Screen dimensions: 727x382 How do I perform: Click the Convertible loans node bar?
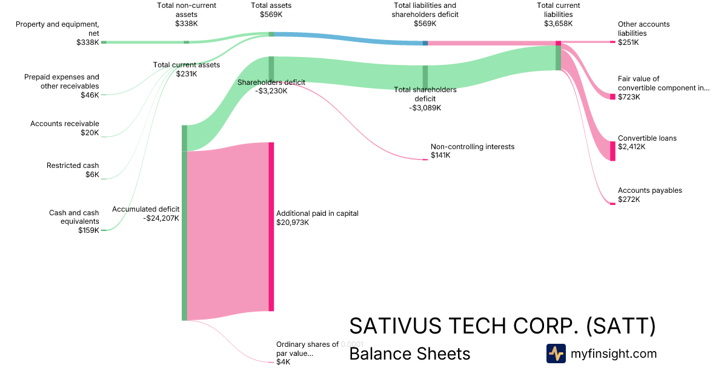pos(612,151)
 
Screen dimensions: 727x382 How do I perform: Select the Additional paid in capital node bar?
pos(271,227)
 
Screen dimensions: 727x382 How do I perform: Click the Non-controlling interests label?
pos(472,147)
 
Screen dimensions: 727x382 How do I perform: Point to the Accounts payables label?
pos(649,190)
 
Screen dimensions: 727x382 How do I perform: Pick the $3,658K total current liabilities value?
pos(558,24)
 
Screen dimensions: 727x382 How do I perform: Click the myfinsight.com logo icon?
pos(556,354)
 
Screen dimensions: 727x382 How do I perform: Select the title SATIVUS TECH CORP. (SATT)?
pos(502,326)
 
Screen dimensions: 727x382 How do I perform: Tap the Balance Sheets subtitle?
pos(410,354)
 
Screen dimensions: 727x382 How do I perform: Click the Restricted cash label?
pos(73,166)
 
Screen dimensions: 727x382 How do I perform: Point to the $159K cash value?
pos(88,230)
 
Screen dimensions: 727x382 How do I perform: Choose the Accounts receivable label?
pos(65,124)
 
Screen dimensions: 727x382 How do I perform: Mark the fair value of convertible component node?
pos(612,97)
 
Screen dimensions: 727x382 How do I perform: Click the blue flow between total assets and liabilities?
pos(348,38)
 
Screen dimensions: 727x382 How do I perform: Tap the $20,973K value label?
pos(293,223)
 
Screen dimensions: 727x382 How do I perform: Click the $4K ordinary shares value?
pos(283,362)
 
